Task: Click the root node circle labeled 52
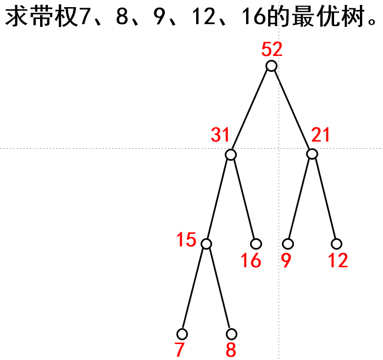[271, 66]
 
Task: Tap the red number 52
[272, 50]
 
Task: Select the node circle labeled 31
[231, 155]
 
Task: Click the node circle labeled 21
[312, 154]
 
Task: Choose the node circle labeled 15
[207, 244]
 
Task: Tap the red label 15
[186, 240]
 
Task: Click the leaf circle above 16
[256, 244]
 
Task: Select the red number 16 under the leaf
[251, 261]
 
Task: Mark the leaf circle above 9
[288, 244]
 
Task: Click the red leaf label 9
[286, 261]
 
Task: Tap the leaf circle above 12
[337, 244]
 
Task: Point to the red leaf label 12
[338, 261]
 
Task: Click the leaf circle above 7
[182, 334]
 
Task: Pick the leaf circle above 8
[231, 334]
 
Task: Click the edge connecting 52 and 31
[251, 110]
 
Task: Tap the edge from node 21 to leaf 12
[324, 199]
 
